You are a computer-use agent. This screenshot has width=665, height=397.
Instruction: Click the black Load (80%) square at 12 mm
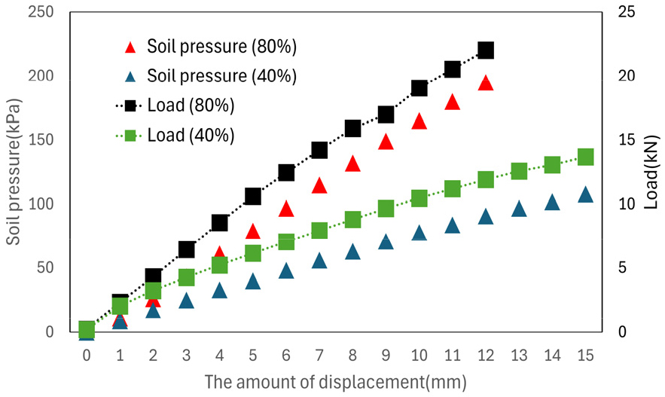pyautogui.click(x=486, y=50)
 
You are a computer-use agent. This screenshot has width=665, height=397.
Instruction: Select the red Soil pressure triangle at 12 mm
pyautogui.click(x=486, y=83)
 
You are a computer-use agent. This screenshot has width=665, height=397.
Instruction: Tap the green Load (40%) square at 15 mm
pyautogui.click(x=585, y=157)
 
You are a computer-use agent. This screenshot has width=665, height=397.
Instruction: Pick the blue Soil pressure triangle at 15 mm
pyautogui.click(x=585, y=194)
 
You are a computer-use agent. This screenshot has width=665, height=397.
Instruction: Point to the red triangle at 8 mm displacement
pyautogui.click(x=352, y=163)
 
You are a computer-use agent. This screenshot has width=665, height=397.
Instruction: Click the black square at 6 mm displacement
pyautogui.click(x=286, y=173)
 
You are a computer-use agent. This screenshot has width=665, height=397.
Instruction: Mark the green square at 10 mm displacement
pyautogui.click(x=419, y=199)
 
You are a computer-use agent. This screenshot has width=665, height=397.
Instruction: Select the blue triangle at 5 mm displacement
pyautogui.click(x=253, y=282)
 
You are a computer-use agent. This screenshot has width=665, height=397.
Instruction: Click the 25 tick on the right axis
pyautogui.click(x=627, y=12)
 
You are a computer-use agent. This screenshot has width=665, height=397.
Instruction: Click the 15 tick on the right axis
pyautogui.click(x=627, y=140)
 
